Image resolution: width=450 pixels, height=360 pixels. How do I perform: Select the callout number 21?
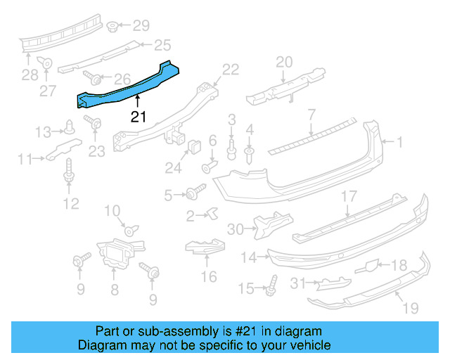click(x=138, y=117)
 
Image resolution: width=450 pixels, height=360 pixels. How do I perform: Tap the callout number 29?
click(x=141, y=27)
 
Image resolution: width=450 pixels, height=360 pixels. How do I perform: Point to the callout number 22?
click(x=231, y=69)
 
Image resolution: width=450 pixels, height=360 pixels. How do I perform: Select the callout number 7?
click(x=311, y=113)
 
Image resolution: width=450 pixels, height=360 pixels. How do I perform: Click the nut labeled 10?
click(x=131, y=230)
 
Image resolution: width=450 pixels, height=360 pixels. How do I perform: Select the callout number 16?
click(x=209, y=276)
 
